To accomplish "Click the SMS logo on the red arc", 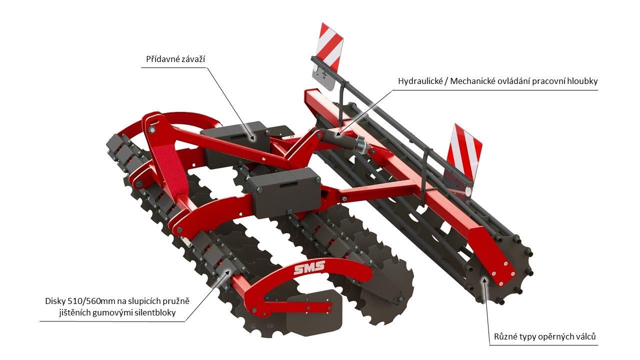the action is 309,267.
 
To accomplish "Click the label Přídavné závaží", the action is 175,59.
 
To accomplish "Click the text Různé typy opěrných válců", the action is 545,336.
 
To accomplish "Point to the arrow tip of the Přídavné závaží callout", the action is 253,139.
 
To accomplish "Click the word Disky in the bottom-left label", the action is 55,301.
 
